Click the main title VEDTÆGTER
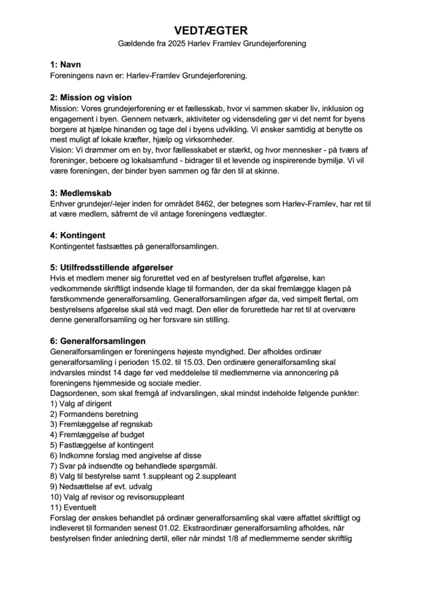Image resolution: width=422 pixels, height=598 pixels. [211, 31]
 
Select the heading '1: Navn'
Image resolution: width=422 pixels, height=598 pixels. [65, 64]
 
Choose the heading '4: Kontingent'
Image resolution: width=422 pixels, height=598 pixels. [78, 235]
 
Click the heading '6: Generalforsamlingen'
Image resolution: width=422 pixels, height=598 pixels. [98, 341]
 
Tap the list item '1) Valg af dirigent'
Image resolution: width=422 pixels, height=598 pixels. [81, 404]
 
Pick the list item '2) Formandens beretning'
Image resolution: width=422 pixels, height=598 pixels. [94, 415]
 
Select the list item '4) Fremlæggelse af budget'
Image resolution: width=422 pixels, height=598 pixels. [97, 435]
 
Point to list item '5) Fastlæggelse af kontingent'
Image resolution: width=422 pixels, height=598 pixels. [102, 445]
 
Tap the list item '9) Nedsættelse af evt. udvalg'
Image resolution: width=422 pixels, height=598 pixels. [102, 486]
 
